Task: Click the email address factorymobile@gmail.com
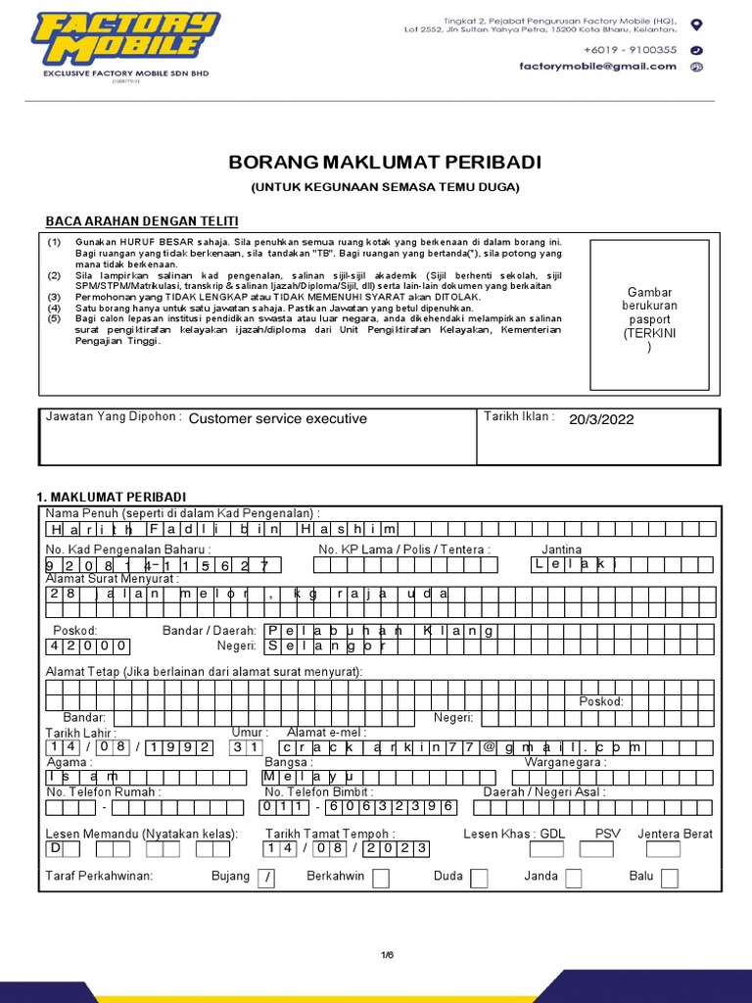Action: tap(597, 67)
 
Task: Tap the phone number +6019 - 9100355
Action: tap(630, 49)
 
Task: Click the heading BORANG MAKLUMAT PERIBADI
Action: tap(385, 162)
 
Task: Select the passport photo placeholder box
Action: tap(649, 314)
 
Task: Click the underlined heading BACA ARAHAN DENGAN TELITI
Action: tap(142, 220)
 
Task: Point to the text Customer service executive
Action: tap(277, 419)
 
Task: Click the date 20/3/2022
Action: tap(601, 419)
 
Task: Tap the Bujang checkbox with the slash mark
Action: tap(265, 879)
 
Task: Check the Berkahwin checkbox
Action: tap(380, 879)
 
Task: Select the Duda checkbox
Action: tap(479, 879)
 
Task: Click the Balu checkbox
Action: tap(669, 879)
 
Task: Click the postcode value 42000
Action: tap(87, 646)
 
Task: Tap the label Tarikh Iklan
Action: tap(519, 417)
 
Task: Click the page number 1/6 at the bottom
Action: tap(386, 955)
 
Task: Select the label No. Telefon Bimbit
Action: tap(318, 791)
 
